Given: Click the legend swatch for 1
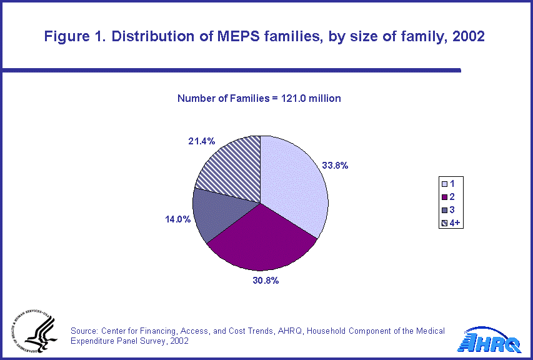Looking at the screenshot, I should click(x=444, y=184).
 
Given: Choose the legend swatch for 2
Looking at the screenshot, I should click(x=444, y=196).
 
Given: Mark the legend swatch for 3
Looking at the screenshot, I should click(x=444, y=209).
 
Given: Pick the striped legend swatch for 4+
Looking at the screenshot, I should click(x=444, y=221).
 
